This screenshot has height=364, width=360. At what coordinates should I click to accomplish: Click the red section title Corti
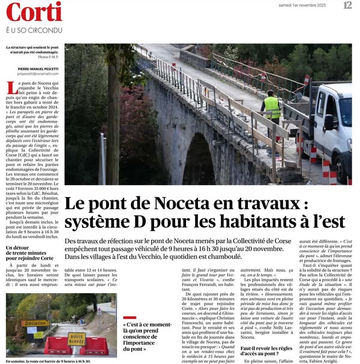pyautogui.click(x=34, y=11)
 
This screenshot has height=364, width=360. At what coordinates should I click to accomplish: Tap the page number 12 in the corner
pyautogui.click(x=347, y=5)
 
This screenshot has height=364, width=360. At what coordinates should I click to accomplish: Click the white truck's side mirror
pyautogui.click(x=329, y=122)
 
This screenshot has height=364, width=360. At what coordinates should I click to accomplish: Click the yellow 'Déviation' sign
pyautogui.click(x=35, y=323)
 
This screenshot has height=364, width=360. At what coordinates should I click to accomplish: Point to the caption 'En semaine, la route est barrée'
pyautogui.click(x=48, y=361)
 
